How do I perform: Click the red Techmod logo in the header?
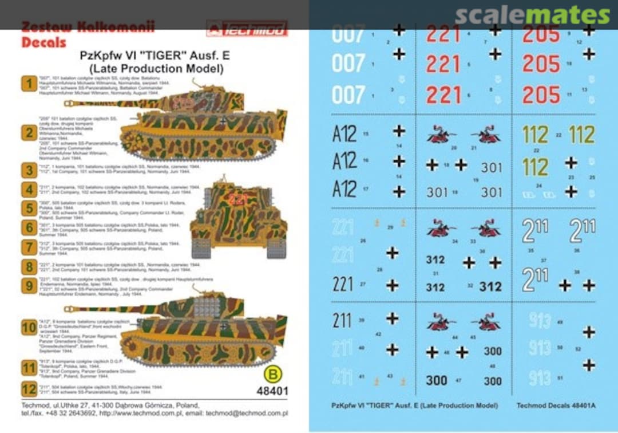[x=247, y=28]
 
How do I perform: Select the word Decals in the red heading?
[x=43, y=42]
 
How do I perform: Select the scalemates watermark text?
[x=532, y=16]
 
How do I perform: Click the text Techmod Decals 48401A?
[x=556, y=406]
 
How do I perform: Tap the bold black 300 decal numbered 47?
[x=437, y=380]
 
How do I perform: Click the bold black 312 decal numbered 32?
[x=490, y=286]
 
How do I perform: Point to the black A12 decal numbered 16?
[x=344, y=161]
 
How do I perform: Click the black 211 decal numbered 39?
[x=342, y=321]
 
